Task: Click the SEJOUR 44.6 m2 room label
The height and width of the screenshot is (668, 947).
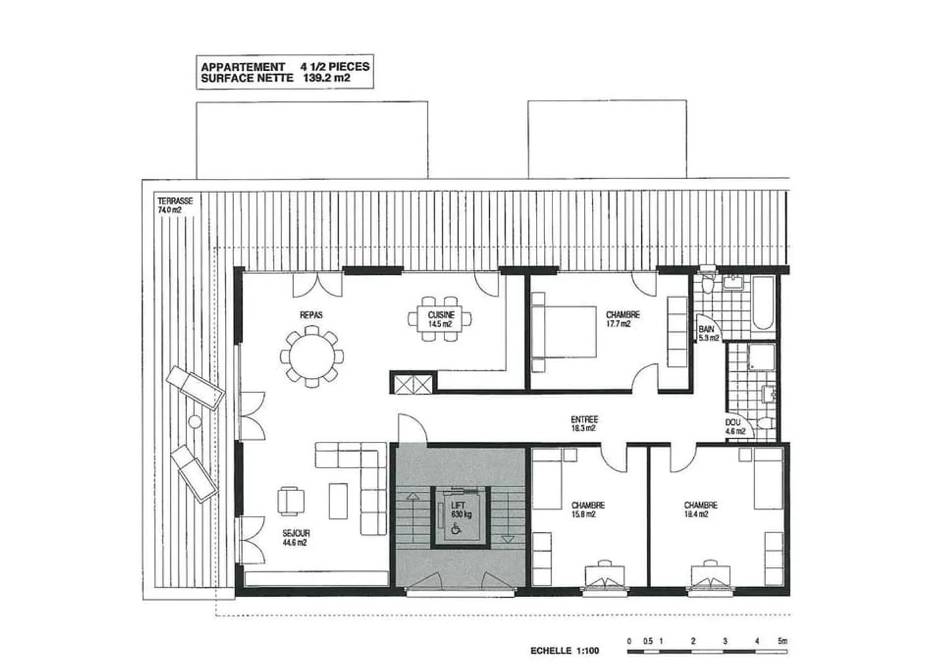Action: [295, 538]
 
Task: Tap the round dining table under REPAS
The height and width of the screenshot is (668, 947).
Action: [311, 357]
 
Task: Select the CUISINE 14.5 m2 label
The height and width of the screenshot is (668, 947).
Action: [441, 320]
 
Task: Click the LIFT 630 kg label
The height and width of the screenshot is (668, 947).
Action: [461, 510]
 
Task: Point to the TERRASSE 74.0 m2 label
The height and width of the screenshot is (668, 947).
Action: [174, 205]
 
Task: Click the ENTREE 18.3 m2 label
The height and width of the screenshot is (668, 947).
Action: [584, 423]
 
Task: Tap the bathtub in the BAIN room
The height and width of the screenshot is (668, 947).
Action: [764, 302]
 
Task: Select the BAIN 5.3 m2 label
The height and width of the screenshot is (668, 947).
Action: [708, 333]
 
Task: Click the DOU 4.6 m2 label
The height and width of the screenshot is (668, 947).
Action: [735, 427]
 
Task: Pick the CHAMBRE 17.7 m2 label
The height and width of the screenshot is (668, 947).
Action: [621, 319]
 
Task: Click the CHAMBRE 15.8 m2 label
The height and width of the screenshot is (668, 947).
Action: [587, 510]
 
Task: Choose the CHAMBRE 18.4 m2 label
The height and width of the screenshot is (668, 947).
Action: [700, 510]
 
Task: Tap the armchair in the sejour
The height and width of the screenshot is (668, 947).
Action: [291, 500]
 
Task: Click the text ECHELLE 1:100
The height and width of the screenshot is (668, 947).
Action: [565, 651]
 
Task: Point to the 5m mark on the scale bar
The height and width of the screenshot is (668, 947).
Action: [782, 641]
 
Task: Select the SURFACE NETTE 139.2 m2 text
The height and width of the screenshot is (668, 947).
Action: [276, 78]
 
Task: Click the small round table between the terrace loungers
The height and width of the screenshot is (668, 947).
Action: [195, 421]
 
